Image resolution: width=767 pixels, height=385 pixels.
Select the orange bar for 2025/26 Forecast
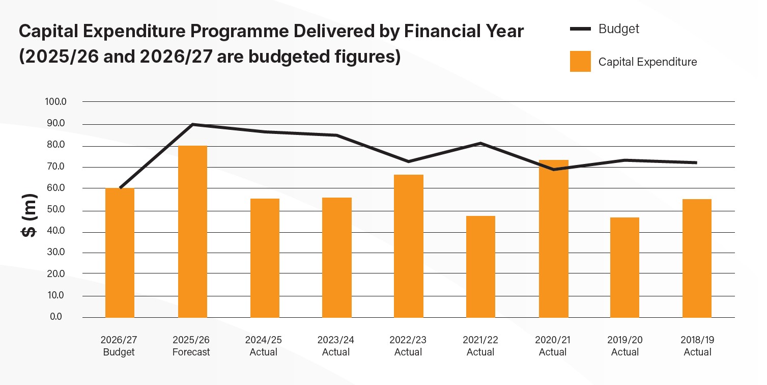[192, 232]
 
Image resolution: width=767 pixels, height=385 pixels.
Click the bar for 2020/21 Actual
[553, 239]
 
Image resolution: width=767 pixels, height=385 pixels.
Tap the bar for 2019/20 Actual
[625, 267]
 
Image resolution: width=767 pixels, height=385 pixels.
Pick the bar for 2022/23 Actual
[409, 246]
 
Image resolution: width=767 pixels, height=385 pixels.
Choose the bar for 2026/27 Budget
[120, 253]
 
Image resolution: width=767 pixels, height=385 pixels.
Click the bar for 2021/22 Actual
[480, 266]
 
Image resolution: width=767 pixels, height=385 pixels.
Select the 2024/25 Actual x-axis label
[264, 346]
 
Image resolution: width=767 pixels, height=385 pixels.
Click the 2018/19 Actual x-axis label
[697, 346]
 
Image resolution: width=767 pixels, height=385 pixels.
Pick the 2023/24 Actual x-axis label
[336, 346]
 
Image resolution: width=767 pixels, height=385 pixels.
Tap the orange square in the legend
[580, 62]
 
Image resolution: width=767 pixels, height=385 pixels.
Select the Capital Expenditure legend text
[647, 62]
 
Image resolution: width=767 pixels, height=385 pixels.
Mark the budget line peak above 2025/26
[192, 124]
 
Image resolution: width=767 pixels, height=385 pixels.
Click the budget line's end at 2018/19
[696, 163]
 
